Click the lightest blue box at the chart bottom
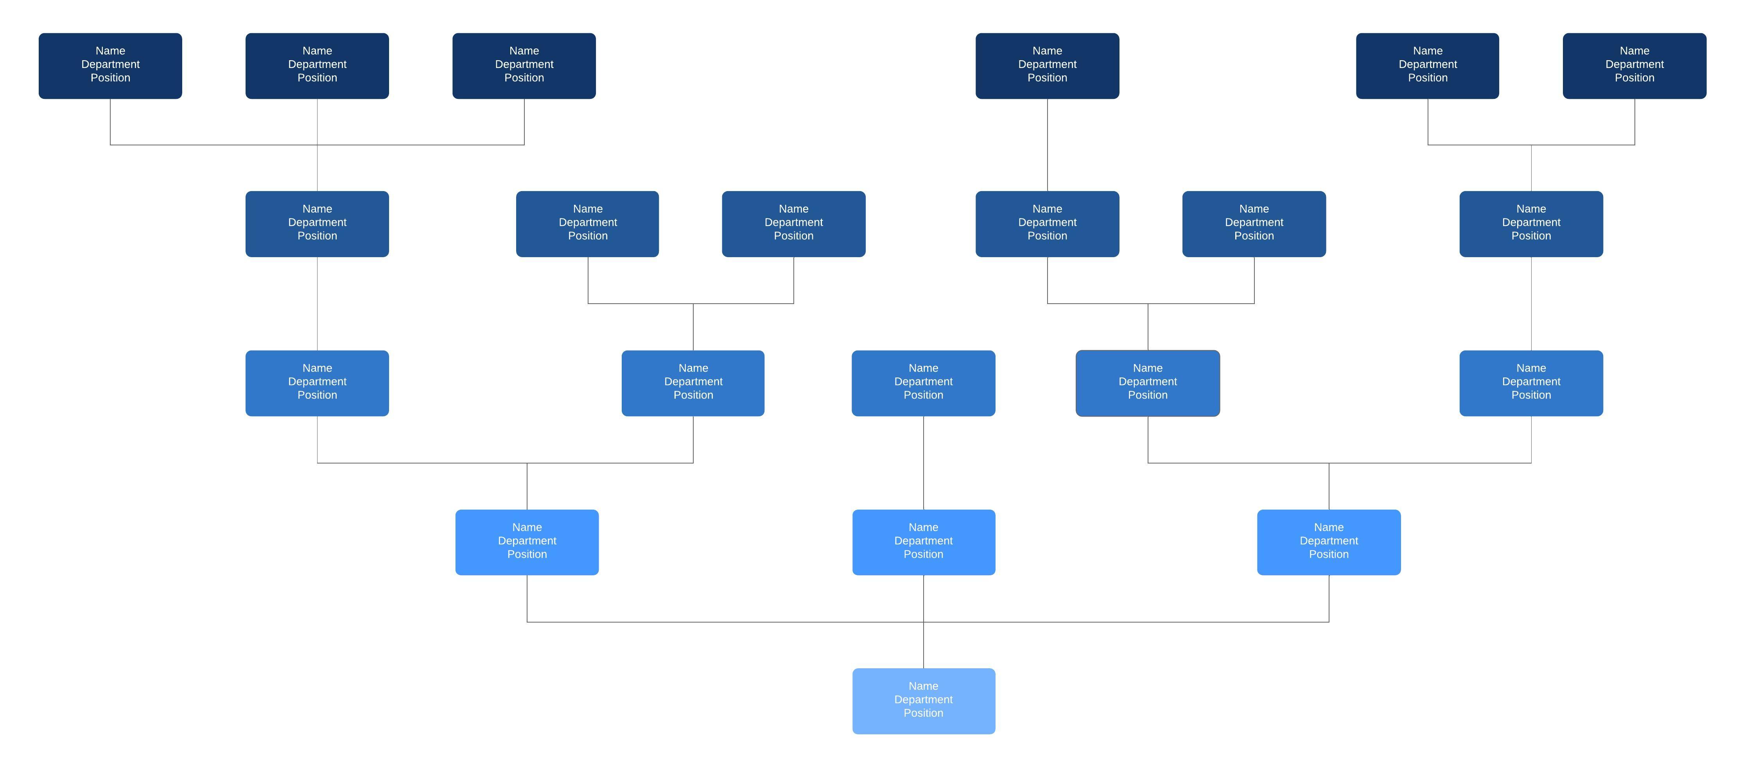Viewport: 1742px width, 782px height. pyautogui.click(x=923, y=701)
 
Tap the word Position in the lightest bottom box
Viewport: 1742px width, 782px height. pyautogui.click(x=923, y=713)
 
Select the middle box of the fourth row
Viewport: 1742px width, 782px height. pyautogui.click(x=923, y=542)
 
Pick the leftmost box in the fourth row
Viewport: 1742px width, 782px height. pyautogui.click(x=527, y=542)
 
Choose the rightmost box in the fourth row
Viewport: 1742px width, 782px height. pyautogui.click(x=1328, y=542)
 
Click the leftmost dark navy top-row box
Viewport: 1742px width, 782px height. pyautogui.click(x=110, y=66)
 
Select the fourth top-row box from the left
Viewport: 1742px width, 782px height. pyautogui.click(x=1047, y=66)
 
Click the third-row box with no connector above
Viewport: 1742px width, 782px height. pyautogui.click(x=923, y=383)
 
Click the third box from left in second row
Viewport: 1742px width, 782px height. pyautogui.click(x=793, y=224)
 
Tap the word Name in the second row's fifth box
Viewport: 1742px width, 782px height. pyautogui.click(x=1254, y=209)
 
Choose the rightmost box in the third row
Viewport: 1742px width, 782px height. pyautogui.click(x=1530, y=383)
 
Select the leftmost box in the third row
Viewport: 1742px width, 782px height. pyautogui.click(x=317, y=383)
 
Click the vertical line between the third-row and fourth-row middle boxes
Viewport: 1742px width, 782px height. pyautogui.click(x=924, y=463)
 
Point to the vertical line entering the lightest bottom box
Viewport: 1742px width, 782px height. pyautogui.click(x=924, y=646)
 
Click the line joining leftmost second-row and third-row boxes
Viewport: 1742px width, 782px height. pyautogui.click(x=317, y=304)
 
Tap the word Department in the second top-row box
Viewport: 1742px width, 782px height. pyautogui.click(x=317, y=64)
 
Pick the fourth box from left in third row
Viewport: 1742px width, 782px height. pyautogui.click(x=1148, y=383)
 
